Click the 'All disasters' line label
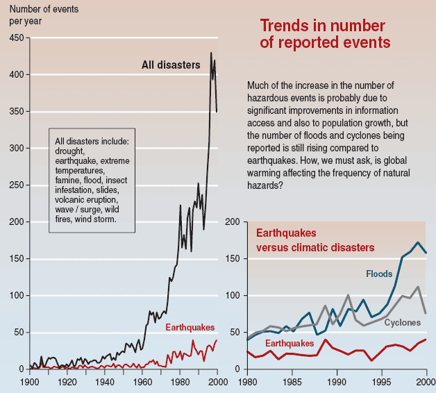coord(171,65)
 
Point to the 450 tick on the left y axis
coord(15,37)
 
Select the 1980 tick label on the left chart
coord(180,382)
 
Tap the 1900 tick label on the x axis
coord(30,382)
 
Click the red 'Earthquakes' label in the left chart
coord(190,327)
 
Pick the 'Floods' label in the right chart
coord(379,274)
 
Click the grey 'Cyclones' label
coord(402,323)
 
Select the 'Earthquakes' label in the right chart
coord(290,343)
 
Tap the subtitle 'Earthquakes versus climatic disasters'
coord(315,241)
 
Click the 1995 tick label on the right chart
coord(376,382)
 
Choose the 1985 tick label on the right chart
coord(294,382)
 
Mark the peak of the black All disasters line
coord(211,53)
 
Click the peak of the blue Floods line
coord(417,242)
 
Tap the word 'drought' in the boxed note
coord(69,151)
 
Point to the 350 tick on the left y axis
coord(15,111)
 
